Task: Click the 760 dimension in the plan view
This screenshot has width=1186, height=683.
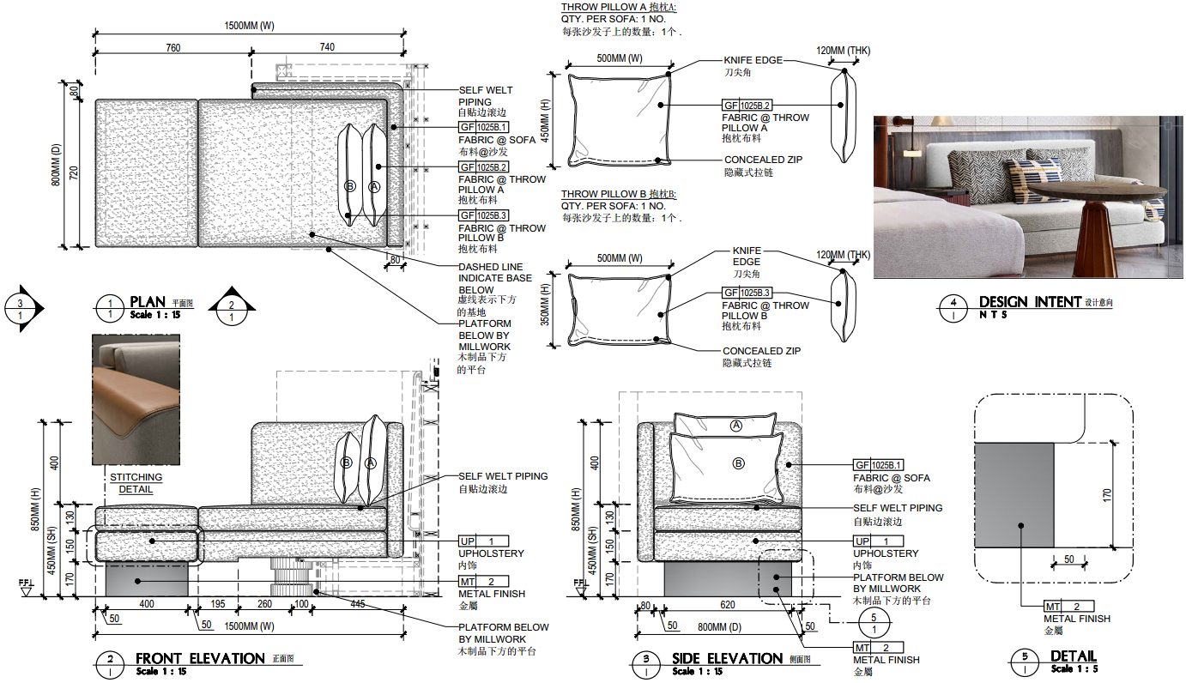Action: coord(172,48)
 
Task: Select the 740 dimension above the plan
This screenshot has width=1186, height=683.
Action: coord(327,48)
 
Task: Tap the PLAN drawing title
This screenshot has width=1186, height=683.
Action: coord(148,302)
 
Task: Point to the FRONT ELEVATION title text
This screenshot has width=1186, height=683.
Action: coord(200,659)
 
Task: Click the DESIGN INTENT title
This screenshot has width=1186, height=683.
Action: coord(1030,302)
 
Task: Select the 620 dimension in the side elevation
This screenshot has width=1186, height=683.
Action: coord(728,605)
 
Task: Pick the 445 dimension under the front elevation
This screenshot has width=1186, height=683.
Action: coord(358,605)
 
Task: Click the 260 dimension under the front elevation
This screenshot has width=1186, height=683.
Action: coord(264,605)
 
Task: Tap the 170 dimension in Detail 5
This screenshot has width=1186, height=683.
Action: coord(1107,495)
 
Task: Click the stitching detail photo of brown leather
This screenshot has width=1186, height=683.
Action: coord(136,400)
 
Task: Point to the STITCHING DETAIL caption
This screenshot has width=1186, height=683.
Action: coord(136,483)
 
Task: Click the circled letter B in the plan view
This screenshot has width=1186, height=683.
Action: coord(349,186)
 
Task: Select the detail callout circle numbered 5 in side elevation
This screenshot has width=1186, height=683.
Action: coord(874,624)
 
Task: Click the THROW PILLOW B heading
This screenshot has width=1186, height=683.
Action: coord(618,195)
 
